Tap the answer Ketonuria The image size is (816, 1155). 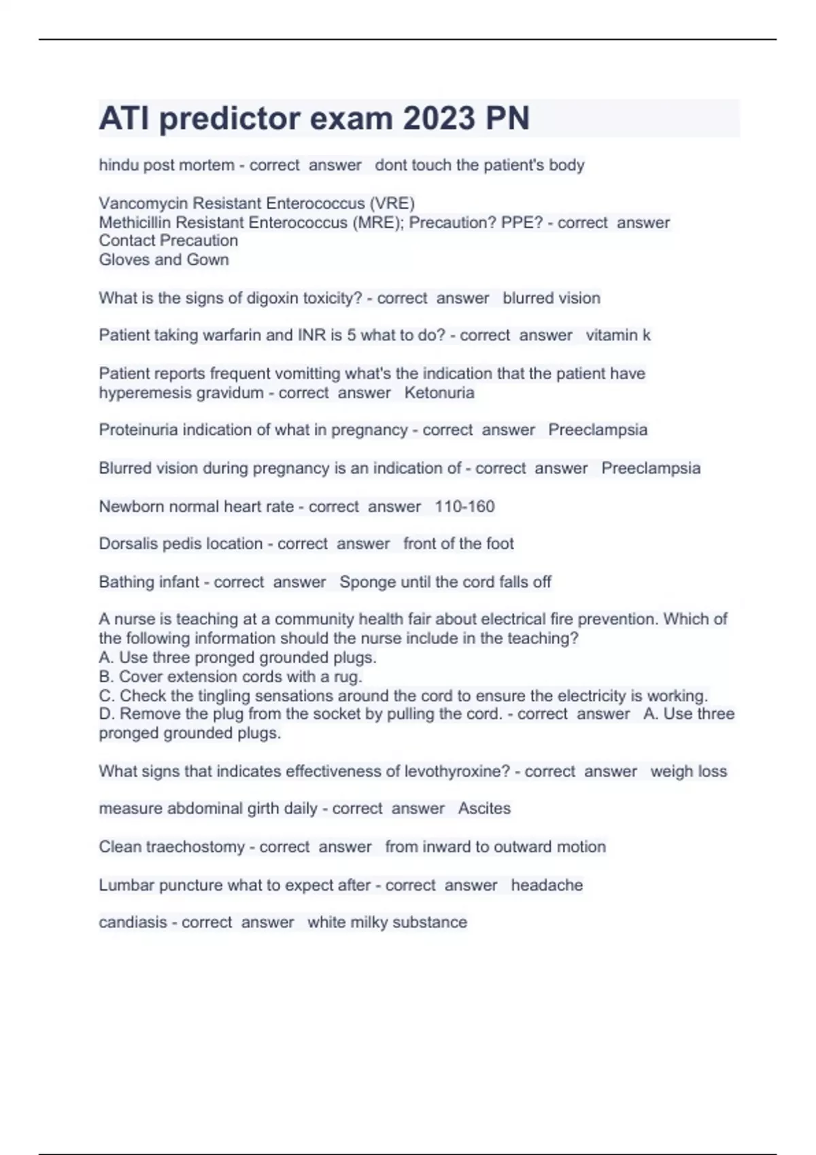pos(439,393)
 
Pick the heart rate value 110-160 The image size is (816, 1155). pos(464,507)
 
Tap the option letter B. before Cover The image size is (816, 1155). pos(106,677)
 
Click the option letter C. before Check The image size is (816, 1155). pos(107,696)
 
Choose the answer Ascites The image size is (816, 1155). pos(484,808)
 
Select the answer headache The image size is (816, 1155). pos(547,885)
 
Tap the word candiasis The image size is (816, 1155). pos(133,923)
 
